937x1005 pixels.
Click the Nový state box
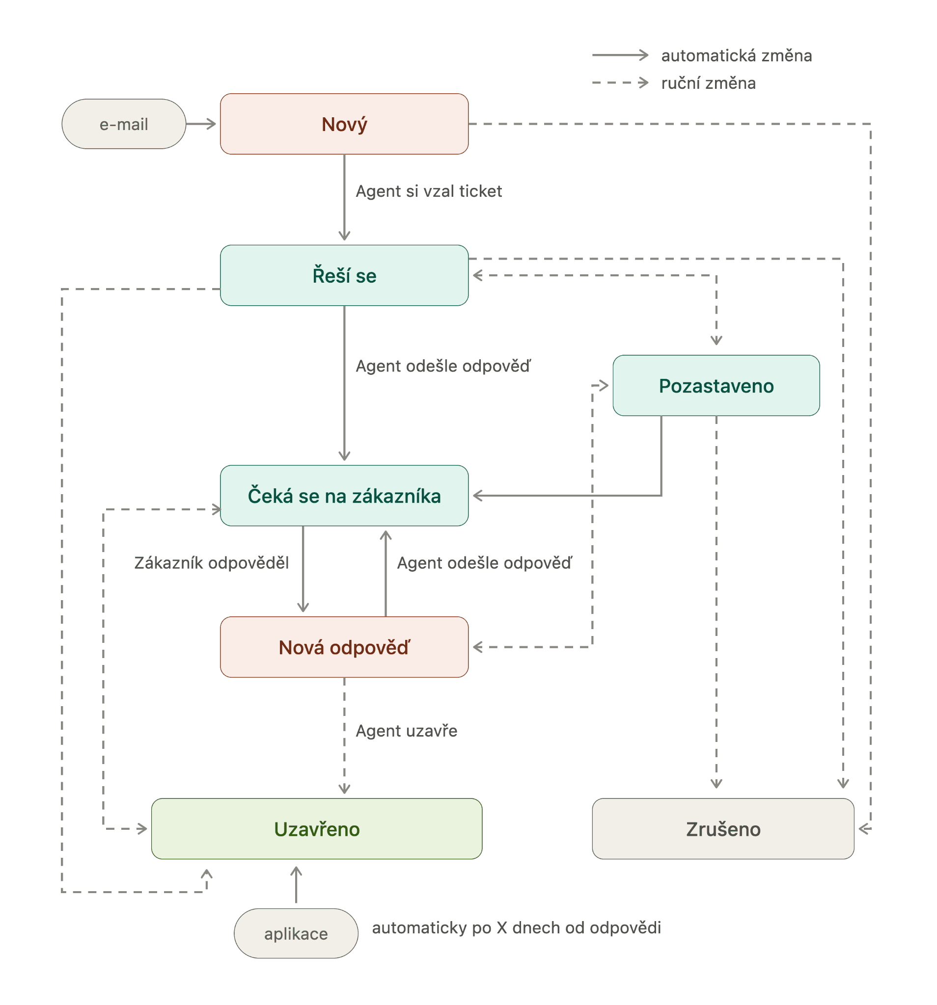click(x=344, y=124)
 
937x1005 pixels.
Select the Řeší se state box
click(x=344, y=275)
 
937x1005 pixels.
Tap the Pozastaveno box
click(x=716, y=386)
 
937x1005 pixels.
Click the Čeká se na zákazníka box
click(x=344, y=496)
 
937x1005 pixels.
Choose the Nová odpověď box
click(x=344, y=647)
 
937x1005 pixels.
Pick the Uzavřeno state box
click(x=317, y=829)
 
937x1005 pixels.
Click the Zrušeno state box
click(x=723, y=829)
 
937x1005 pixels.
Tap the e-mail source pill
click(x=124, y=124)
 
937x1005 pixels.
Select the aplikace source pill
click(x=296, y=934)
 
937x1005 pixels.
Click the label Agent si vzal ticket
click(x=429, y=191)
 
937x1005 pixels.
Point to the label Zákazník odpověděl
click(x=212, y=563)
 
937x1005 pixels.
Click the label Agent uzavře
click(x=406, y=731)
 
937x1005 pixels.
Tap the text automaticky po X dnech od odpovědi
click(x=517, y=928)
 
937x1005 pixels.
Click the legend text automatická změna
click(x=737, y=55)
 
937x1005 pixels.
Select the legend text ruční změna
click(x=708, y=83)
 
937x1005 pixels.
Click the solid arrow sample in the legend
click(x=620, y=54)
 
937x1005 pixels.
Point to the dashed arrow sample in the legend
click(x=620, y=82)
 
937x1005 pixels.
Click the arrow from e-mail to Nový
click(x=201, y=124)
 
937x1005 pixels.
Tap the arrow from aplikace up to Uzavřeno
click(x=296, y=885)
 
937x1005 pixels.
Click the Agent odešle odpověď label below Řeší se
click(x=443, y=366)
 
